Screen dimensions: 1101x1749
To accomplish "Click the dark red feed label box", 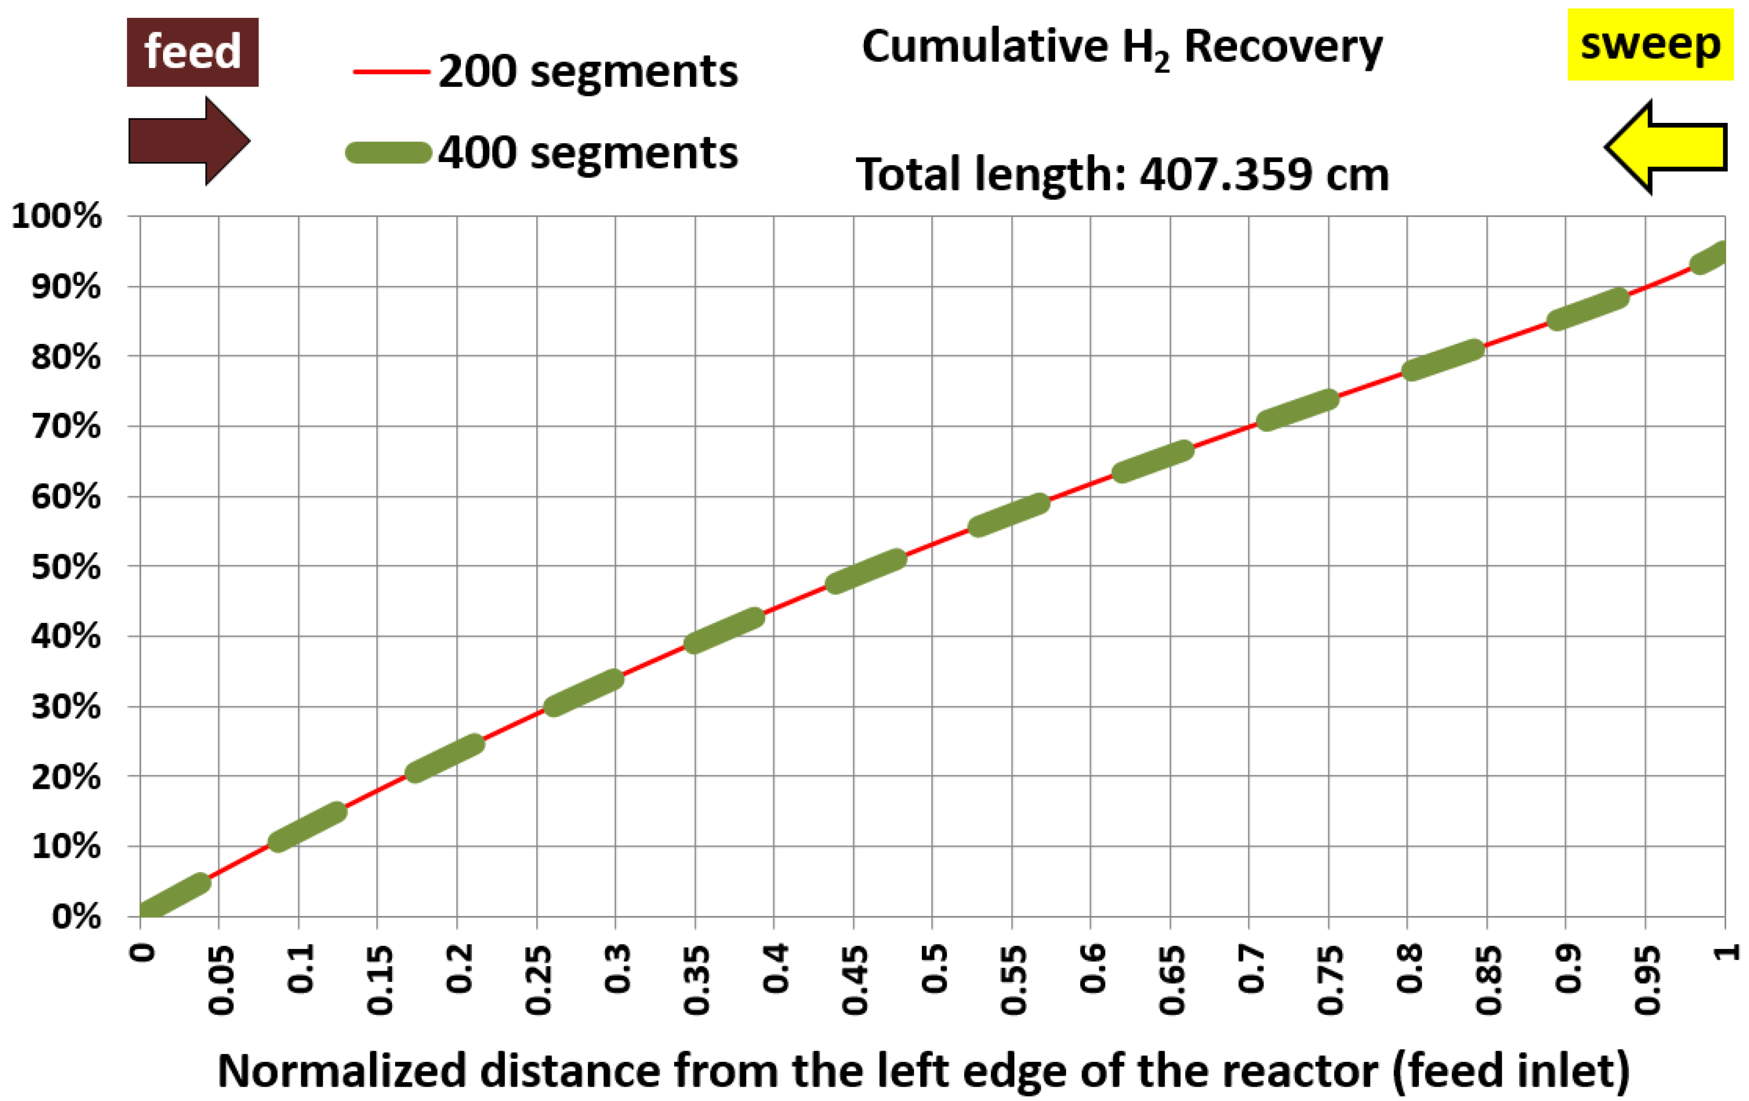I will [192, 53].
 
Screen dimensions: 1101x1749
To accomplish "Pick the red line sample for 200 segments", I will [391, 72].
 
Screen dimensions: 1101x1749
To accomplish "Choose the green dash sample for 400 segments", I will [389, 153].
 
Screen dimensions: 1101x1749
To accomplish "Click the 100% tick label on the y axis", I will [56, 217].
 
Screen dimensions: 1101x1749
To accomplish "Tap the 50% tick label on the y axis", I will [66, 567].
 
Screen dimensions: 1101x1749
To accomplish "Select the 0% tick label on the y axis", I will [76, 917].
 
